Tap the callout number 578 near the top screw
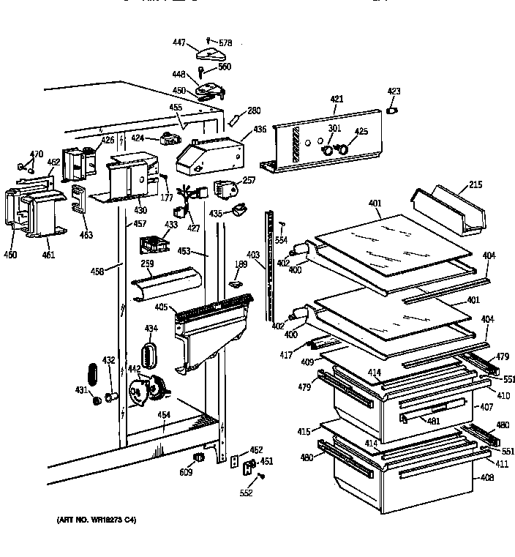(225, 43)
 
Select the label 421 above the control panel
(337, 99)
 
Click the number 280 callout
(253, 111)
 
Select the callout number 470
(36, 154)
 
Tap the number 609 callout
(186, 473)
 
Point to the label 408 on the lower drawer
(487, 477)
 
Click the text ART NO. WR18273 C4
(96, 520)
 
